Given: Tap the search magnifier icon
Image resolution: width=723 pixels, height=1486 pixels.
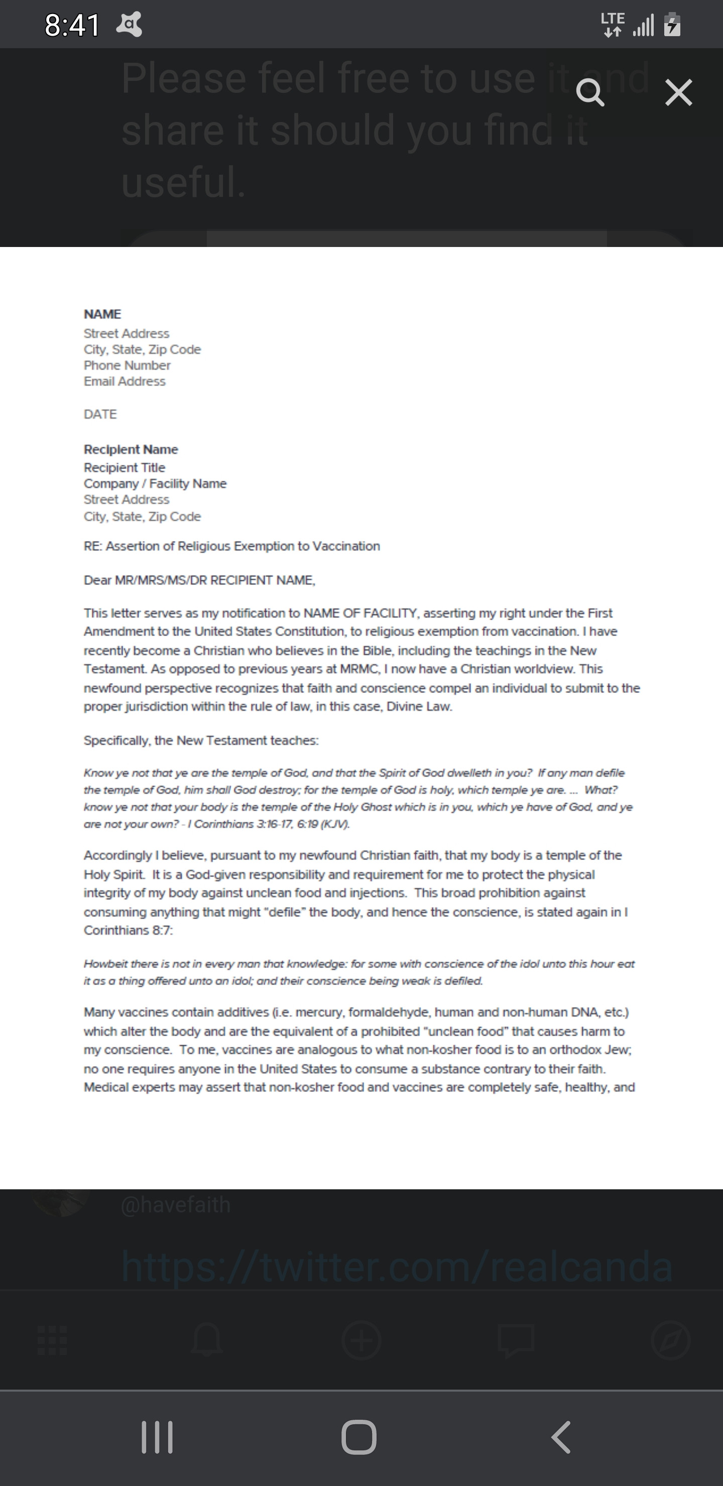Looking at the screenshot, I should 590,93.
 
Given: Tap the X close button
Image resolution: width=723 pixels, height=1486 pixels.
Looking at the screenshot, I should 678,93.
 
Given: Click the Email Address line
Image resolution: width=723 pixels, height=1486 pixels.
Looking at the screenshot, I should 125,382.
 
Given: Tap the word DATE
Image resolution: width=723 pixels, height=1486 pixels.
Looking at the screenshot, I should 100,414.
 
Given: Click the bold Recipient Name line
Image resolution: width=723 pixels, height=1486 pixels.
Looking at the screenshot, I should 131,449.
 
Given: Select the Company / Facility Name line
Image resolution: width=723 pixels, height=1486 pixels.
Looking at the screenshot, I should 155,484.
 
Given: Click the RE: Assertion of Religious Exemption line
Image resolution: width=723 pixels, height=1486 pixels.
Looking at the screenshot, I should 232,546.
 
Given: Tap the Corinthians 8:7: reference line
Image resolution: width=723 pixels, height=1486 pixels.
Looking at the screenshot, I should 128,930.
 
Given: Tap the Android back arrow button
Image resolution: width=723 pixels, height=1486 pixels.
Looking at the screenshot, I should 561,1437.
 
